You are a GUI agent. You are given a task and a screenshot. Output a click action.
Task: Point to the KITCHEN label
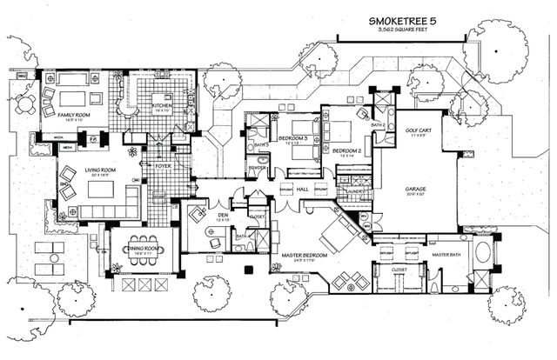[x=162, y=106]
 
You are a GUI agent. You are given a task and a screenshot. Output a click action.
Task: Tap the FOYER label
[x=163, y=161]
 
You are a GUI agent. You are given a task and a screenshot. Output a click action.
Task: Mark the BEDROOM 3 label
[x=293, y=139]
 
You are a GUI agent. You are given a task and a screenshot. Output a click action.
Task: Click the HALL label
[x=302, y=188]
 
